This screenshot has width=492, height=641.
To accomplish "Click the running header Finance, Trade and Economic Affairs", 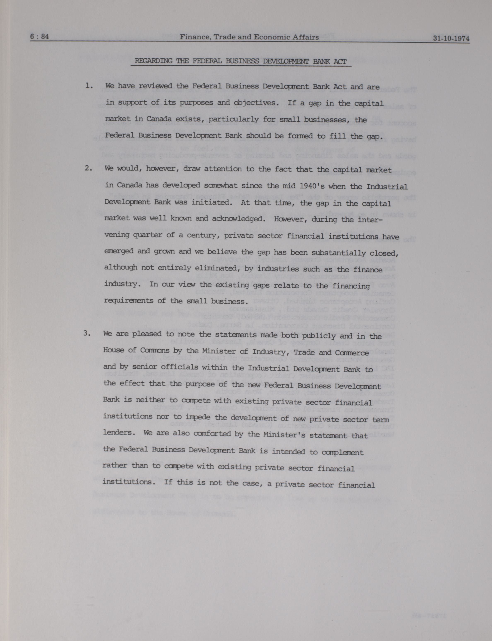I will point(249,37).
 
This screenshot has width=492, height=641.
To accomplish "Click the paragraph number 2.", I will point(88,169).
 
